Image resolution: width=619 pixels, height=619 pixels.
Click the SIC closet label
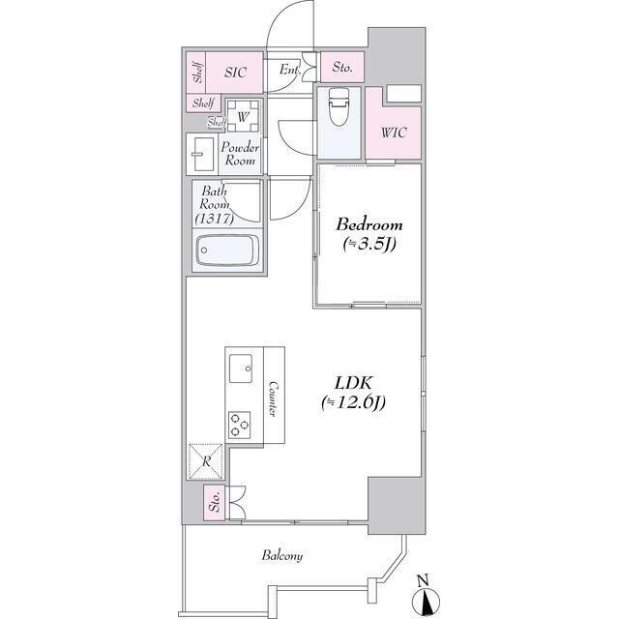click(235, 73)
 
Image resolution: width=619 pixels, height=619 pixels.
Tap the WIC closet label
click(394, 133)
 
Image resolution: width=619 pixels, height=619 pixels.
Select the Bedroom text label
click(369, 224)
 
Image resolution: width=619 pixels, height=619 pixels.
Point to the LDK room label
click(353, 383)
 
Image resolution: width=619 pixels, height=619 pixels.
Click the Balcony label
click(282, 556)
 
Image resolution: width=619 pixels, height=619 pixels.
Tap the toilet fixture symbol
click(339, 106)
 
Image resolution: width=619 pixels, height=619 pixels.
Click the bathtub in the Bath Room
click(227, 251)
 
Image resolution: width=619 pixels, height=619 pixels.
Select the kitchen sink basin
click(241, 368)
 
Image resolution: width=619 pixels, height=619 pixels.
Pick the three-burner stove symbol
click(239, 425)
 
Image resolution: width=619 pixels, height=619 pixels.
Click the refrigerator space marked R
click(206, 461)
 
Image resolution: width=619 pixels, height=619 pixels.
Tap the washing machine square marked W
click(243, 116)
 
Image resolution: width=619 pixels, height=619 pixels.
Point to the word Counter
click(273, 398)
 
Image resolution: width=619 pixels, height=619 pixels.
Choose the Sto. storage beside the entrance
click(341, 67)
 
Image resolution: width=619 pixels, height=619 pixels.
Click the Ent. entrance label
click(290, 71)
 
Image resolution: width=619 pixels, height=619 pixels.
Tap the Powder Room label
click(240, 154)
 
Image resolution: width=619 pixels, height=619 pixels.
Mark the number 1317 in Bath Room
click(215, 219)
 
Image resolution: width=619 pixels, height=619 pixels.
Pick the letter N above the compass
click(423, 580)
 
